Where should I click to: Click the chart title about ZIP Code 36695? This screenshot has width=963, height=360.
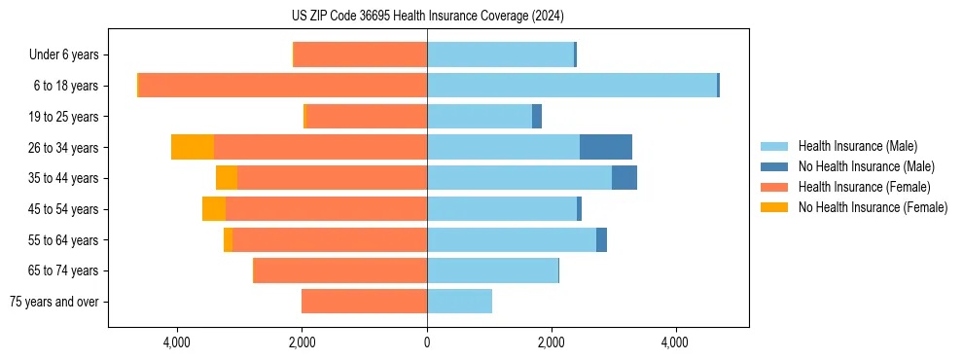(427, 17)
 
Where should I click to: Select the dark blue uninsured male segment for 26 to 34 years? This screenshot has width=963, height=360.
(605, 147)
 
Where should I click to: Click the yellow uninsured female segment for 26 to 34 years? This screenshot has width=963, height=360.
(193, 147)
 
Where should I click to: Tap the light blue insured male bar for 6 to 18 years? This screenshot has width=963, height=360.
(571, 86)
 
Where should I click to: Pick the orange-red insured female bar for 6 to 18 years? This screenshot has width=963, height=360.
(283, 86)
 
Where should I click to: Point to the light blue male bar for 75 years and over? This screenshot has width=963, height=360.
(459, 302)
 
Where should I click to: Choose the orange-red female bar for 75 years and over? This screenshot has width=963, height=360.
(364, 302)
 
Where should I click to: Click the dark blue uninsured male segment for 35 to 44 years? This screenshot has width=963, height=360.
(624, 178)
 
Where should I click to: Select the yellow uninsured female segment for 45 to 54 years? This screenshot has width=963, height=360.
(214, 209)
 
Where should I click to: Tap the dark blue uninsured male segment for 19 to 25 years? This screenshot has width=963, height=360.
(536, 117)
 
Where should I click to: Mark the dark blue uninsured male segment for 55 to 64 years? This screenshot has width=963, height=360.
(601, 240)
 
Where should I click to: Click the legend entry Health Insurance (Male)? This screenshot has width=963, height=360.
(857, 146)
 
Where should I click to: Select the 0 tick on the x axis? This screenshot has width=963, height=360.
(427, 342)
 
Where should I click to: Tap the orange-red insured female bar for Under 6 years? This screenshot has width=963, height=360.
(360, 54)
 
